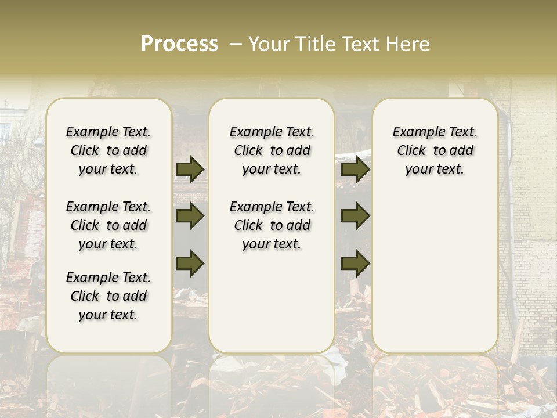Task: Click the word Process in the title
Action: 179,44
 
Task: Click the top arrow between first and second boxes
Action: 190,170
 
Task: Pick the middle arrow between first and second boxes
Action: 190,217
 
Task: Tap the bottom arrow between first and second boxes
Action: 190,263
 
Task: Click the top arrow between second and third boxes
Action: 355,170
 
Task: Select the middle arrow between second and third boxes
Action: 355,217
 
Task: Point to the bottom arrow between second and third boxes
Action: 355,263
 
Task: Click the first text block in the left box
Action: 108,151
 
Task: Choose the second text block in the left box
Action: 108,225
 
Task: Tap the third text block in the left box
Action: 108,296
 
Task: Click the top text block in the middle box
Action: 272,151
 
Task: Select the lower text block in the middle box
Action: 272,225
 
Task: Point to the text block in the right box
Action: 435,151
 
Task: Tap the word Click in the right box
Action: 411,151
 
